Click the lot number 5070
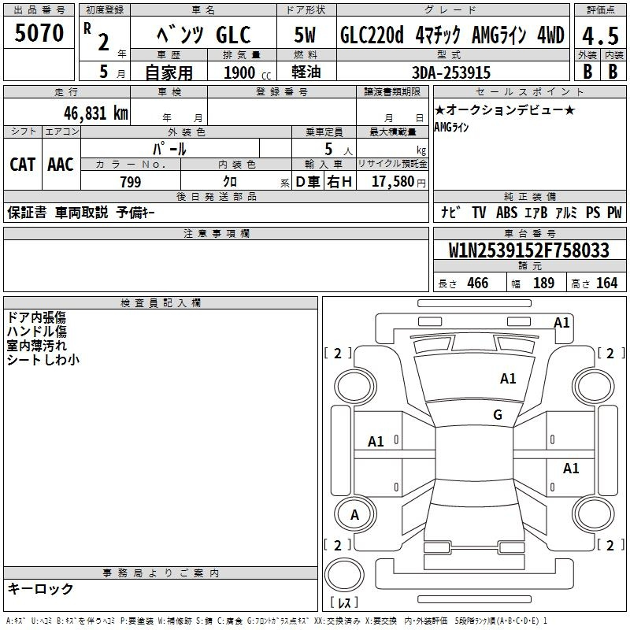(39, 33)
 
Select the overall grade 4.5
(600, 36)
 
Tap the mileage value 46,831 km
(95, 113)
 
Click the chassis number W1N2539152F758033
(528, 250)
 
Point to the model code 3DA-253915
(450, 72)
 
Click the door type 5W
(305, 35)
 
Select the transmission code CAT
(22, 165)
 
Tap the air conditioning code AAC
(61, 165)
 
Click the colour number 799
(130, 182)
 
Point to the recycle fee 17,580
(393, 182)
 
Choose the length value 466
(477, 283)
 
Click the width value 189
(543, 283)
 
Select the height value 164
(606, 283)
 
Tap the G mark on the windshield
(498, 415)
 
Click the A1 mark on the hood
(508, 379)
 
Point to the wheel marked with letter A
(355, 514)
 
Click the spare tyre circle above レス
(344, 575)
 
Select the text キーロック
(40, 589)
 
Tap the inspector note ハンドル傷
(36, 332)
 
